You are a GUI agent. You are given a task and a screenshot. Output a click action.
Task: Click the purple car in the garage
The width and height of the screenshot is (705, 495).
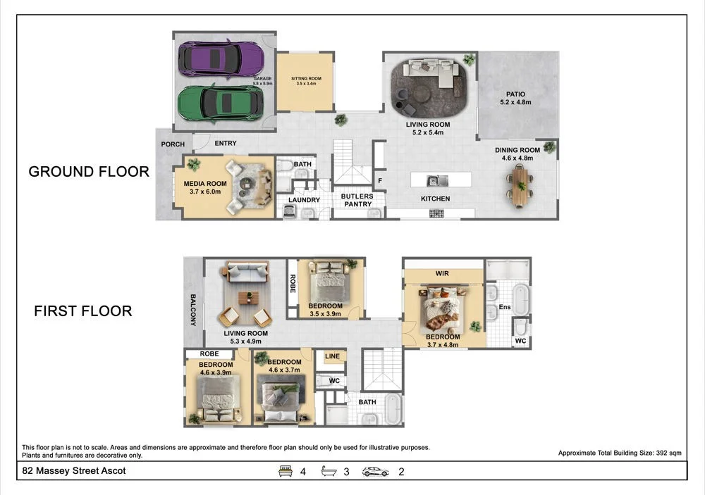coord(221,59)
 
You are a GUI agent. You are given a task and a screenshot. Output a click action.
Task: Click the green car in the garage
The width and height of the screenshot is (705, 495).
coord(220,103)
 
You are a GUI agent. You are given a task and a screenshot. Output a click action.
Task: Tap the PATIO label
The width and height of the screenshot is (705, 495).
coord(515,94)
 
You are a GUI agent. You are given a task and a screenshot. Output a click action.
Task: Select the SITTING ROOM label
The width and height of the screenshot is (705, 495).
coord(306,79)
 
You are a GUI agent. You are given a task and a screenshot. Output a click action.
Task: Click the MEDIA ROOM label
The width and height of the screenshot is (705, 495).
coord(205,183)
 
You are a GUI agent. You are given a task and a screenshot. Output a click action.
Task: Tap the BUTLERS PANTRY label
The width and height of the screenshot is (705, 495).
coord(357,200)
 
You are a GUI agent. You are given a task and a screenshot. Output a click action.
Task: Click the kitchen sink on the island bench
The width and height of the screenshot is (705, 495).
coord(437,180)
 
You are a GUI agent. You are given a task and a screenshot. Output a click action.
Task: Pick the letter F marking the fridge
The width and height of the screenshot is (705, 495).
coord(380,181)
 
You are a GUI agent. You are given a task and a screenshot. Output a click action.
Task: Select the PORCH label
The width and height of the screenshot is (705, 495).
coord(173,144)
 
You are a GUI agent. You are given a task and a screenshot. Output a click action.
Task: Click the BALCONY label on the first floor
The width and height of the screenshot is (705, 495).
coord(193,310)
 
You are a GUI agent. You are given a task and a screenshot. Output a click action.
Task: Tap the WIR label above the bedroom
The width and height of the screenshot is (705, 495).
coord(442,273)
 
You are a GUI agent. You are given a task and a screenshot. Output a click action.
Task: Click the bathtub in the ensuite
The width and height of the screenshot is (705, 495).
coord(521,299)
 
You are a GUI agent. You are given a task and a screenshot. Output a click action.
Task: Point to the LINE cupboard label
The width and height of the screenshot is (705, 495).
coord(332,356)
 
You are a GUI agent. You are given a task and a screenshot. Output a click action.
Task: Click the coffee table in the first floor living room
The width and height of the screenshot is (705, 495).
coord(248,298)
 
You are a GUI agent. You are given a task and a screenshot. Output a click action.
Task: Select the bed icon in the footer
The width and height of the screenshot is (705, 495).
coord(285,471)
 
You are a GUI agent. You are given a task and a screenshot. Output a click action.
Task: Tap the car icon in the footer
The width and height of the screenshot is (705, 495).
coord(376,472)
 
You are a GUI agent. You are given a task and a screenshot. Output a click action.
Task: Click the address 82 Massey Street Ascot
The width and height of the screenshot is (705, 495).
coord(74,471)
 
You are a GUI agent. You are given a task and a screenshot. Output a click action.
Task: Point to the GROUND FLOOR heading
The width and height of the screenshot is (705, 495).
coord(89,172)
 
